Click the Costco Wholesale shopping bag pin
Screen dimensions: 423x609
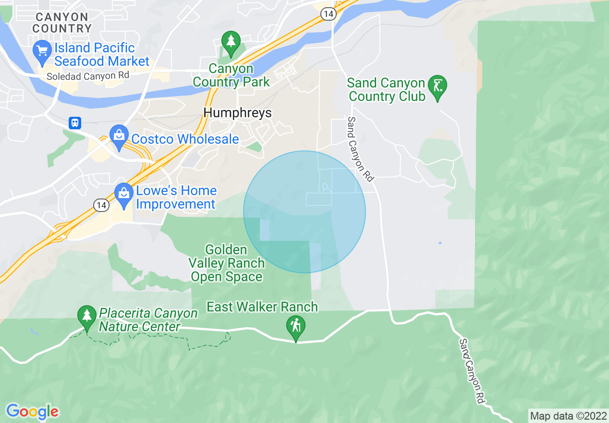click(x=118, y=135)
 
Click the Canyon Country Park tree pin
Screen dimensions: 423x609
click(x=231, y=41)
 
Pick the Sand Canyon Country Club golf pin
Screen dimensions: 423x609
click(x=437, y=87)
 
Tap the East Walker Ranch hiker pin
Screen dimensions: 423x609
click(x=296, y=326)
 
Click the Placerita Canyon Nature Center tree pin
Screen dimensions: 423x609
click(x=87, y=316)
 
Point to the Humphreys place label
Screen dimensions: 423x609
click(x=237, y=113)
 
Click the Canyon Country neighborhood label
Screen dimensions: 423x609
click(x=61, y=23)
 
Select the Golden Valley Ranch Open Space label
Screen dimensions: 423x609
click(x=226, y=263)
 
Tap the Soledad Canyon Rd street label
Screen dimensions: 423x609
click(x=88, y=76)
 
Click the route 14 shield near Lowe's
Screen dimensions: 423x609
click(x=101, y=205)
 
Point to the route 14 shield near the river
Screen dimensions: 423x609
click(x=329, y=14)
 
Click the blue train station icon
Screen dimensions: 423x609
click(x=74, y=123)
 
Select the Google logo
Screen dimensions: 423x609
click(x=32, y=411)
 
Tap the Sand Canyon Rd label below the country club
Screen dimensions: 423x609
click(x=360, y=149)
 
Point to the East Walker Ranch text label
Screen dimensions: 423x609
click(x=262, y=307)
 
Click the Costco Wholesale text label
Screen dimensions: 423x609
click(x=185, y=139)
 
